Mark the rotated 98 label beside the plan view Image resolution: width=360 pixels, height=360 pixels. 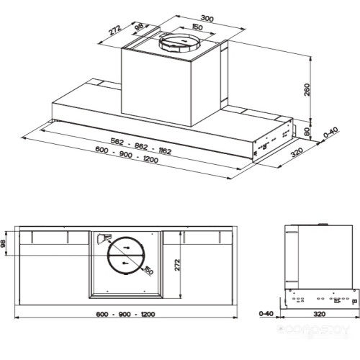click(x=5, y=244)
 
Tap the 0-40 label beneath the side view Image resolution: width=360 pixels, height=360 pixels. click(x=266, y=315)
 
